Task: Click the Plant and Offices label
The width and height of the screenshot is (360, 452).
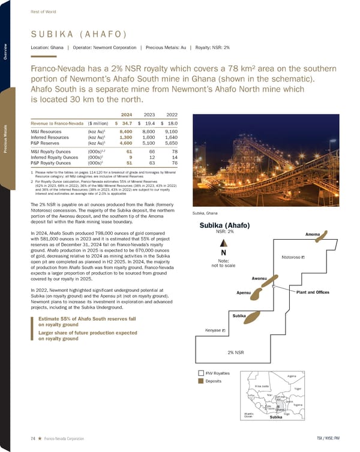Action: [313, 292]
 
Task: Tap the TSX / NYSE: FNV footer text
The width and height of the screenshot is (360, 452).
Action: [330, 439]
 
